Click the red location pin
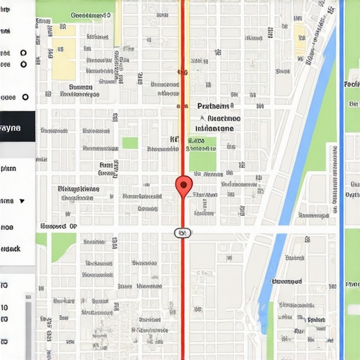pos(183,186)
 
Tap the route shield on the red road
pos(182,233)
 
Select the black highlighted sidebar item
pos(17,128)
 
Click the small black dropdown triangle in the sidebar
pos(22,201)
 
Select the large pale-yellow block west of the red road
pos(63,58)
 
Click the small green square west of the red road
pos(129,143)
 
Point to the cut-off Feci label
pos(352,84)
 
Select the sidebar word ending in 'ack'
pos(10,249)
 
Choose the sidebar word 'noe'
pos(7,227)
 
